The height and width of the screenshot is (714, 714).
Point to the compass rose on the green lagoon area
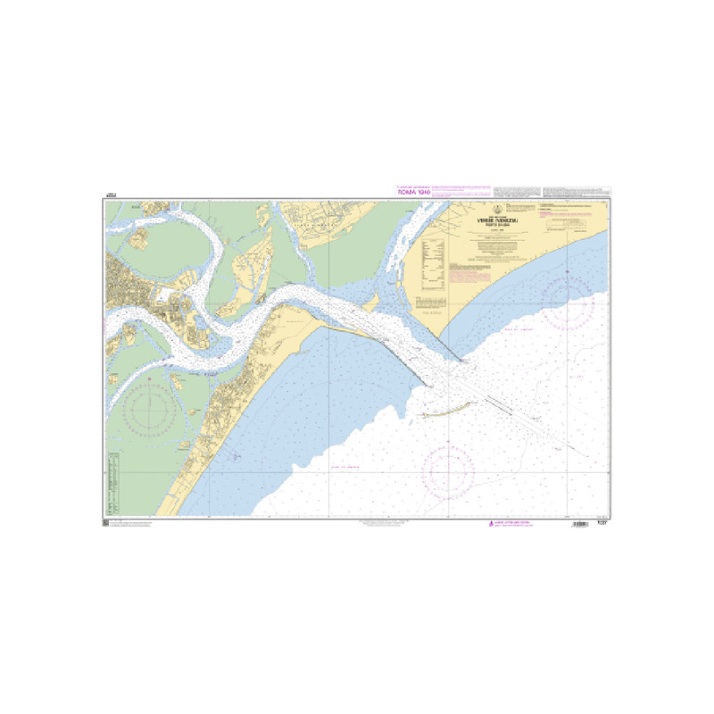pyautogui.click(x=150, y=411)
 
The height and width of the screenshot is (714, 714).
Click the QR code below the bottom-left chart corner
pyautogui.click(x=105, y=523)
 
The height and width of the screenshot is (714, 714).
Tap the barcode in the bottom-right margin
pyautogui.click(x=579, y=524)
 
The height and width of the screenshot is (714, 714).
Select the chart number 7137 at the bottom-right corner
pyautogui.click(x=604, y=524)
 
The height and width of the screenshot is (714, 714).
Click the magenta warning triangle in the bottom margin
pyautogui.click(x=488, y=524)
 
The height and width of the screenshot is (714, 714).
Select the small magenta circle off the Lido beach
pyautogui.click(x=235, y=456)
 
